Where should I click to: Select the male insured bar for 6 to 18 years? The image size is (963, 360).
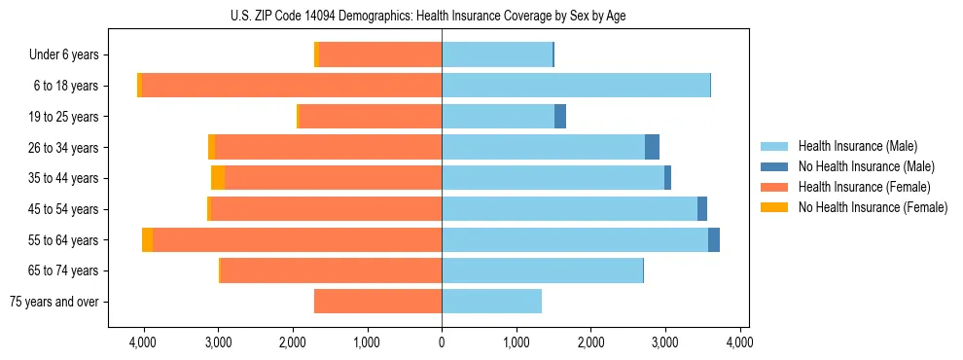[x=576, y=86]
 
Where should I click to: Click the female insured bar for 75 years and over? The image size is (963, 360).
[x=377, y=302]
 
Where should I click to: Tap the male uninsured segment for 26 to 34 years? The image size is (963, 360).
[x=652, y=147]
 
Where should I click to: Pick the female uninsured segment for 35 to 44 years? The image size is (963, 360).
[x=218, y=178]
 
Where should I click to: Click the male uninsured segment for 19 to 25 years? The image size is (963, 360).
[x=560, y=117]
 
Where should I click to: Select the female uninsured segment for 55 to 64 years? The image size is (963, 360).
[x=147, y=240]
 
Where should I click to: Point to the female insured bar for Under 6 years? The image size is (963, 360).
[x=380, y=55]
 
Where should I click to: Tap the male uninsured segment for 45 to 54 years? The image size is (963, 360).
[x=702, y=209]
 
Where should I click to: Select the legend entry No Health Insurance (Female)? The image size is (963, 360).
[x=873, y=207]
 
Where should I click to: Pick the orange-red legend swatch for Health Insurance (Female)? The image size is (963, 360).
[x=774, y=187]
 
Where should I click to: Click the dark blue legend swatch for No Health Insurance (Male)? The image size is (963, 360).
[x=774, y=166]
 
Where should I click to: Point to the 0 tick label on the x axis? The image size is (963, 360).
[x=442, y=342]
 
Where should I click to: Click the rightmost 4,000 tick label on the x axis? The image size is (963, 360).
[x=739, y=342]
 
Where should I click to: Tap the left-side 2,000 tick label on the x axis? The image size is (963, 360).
[x=293, y=342]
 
